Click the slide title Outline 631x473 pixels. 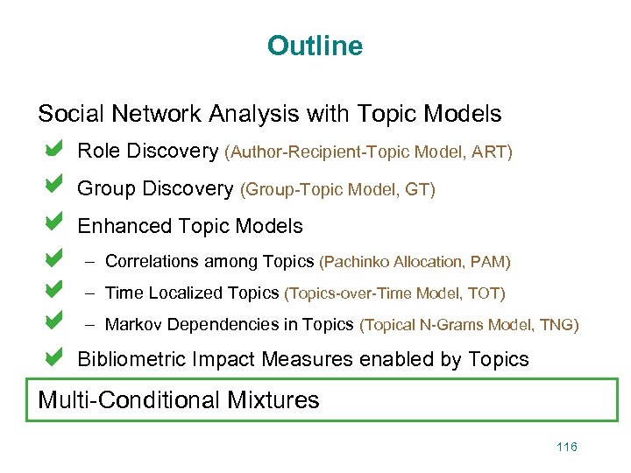(x=315, y=45)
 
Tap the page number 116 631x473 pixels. (x=567, y=447)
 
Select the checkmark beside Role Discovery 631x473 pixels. (x=53, y=150)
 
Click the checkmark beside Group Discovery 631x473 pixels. (x=53, y=187)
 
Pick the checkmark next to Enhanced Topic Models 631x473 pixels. (x=53, y=223)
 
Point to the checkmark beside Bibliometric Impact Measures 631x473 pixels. (x=53, y=357)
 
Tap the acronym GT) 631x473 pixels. (x=420, y=189)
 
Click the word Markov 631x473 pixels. (x=133, y=325)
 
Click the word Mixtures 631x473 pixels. (x=273, y=400)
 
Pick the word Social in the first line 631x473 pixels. (x=65, y=114)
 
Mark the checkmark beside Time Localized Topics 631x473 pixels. (x=53, y=289)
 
